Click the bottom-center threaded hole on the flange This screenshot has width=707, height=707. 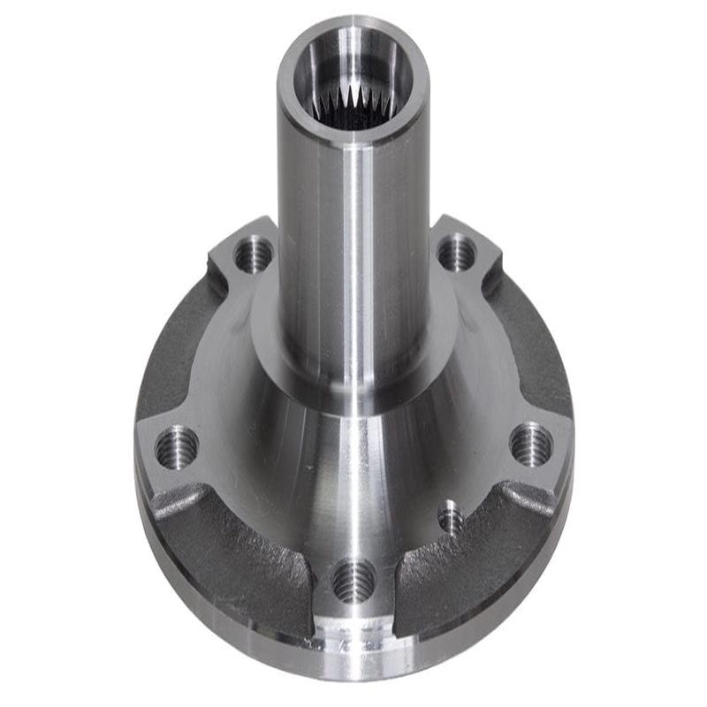click(x=353, y=581)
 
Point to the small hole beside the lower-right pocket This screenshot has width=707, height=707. click(x=450, y=517)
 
